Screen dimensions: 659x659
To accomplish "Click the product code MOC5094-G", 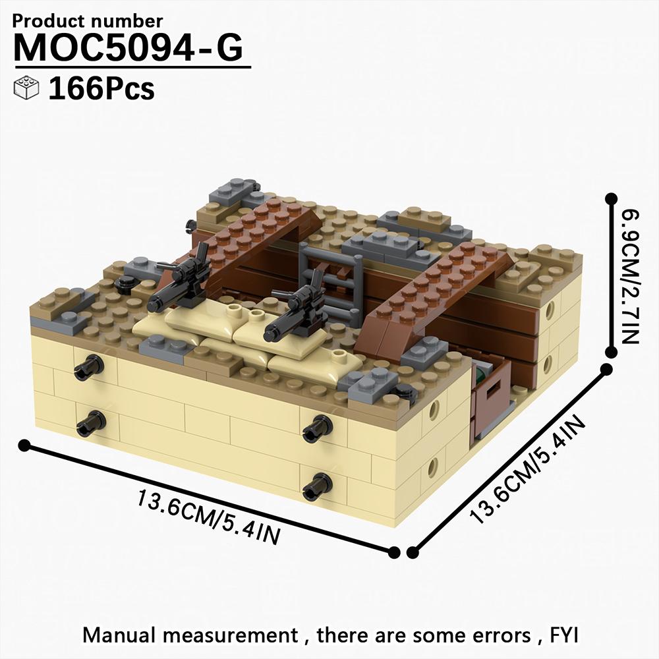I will [129, 47].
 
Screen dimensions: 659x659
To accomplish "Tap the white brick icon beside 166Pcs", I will [26, 88].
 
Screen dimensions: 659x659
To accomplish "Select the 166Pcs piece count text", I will [101, 88].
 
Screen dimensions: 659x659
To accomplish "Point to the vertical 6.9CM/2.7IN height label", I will [629, 277].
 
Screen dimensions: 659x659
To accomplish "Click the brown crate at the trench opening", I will [491, 402].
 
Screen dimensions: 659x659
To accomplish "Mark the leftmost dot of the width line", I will [24, 446].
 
